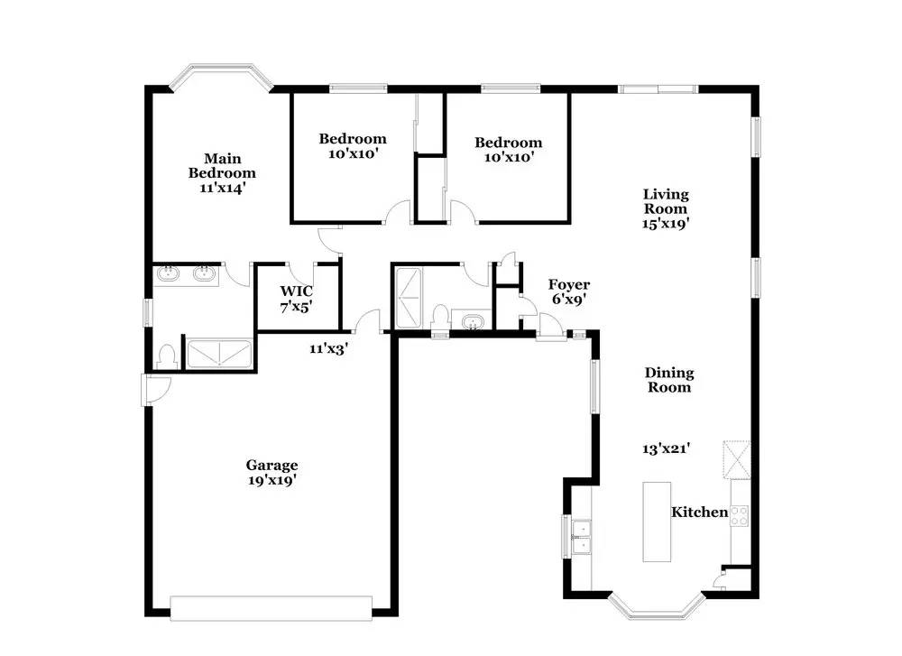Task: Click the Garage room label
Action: pos(272,466)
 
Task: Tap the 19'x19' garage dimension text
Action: pos(272,480)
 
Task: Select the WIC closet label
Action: pos(296,291)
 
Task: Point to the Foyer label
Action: pos(568,285)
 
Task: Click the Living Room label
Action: pos(666,201)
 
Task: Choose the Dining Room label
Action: pos(669,380)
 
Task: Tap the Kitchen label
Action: pos(700,513)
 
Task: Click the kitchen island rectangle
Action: pos(657,522)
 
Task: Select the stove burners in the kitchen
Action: pos(740,516)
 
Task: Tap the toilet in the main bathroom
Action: pos(167,356)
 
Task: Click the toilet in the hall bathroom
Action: pos(441,318)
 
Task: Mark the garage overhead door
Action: pos(271,608)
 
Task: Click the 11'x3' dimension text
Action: pos(328,348)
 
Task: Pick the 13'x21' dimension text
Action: pos(667,448)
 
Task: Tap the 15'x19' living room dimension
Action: pos(666,223)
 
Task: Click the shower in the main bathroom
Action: pos(220,354)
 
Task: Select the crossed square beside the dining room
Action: pos(737,460)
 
